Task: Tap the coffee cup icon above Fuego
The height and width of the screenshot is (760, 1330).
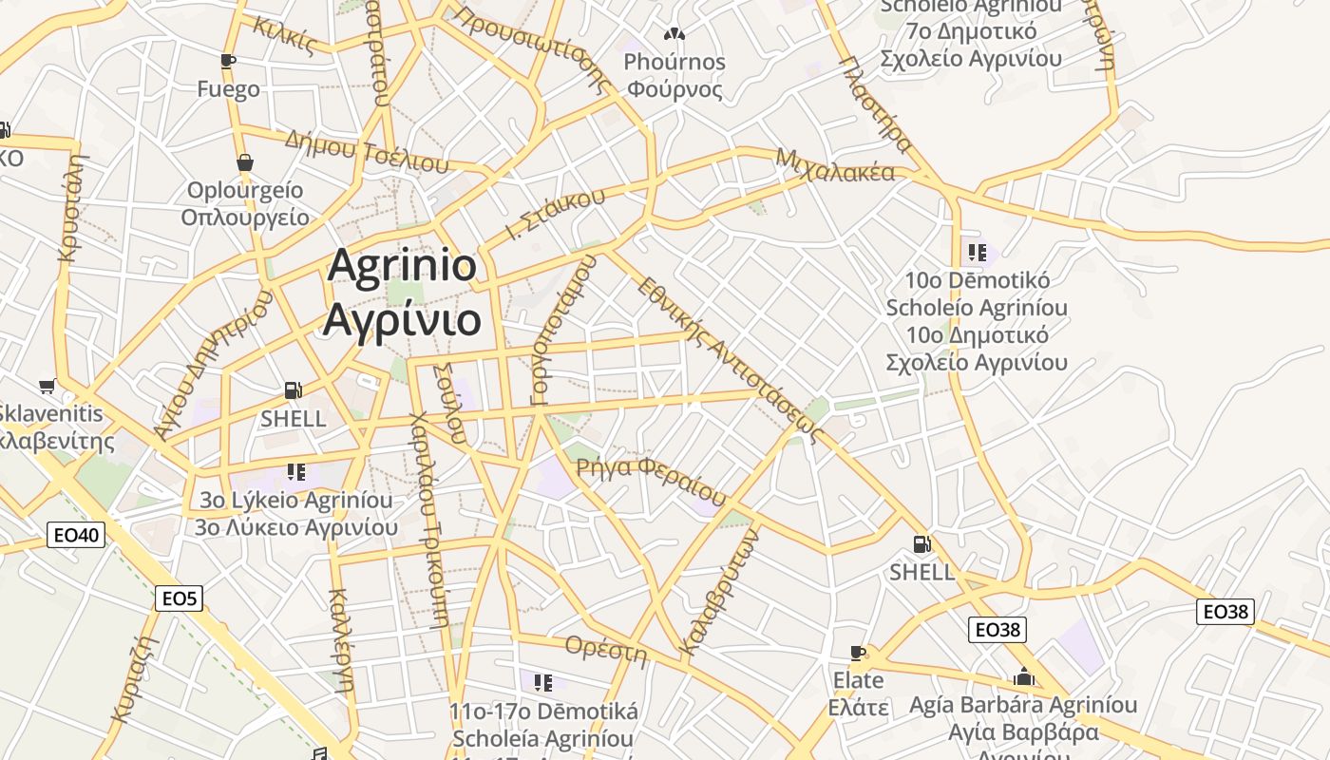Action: pos(228,62)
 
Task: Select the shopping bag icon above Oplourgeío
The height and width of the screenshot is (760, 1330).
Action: pos(245,162)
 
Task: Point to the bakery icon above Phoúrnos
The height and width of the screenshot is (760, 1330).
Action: pos(674,34)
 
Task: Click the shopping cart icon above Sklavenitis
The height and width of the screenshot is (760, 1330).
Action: pos(47,386)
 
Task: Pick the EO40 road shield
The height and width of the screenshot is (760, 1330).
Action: pos(76,535)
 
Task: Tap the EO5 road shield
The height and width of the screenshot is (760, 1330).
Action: pos(179,598)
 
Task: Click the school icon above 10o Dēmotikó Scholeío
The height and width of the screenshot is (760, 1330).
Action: pos(977,253)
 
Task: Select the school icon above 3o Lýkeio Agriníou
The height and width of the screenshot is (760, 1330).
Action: pos(295,472)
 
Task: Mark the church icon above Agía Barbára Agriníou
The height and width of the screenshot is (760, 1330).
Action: pos(1023,677)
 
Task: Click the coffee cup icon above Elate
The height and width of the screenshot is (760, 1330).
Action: pos(858,653)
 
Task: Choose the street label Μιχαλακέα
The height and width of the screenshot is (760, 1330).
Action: pos(835,165)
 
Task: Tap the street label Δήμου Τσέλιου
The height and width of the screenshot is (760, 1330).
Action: pos(366,150)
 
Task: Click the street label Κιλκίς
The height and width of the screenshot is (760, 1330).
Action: pos(284,35)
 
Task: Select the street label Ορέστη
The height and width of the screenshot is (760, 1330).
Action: pos(605,649)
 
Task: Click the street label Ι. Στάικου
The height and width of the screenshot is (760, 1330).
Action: pos(556,214)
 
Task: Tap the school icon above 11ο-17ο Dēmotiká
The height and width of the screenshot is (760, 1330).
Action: pos(542,682)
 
